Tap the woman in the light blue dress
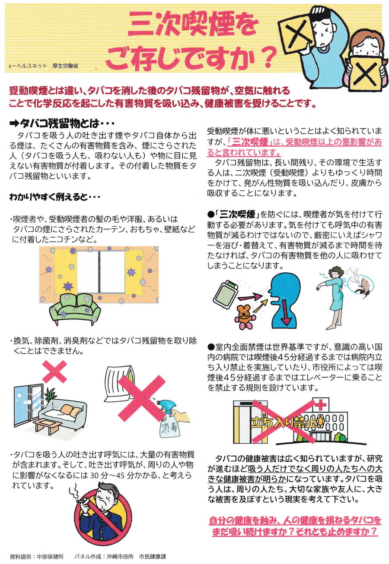332,298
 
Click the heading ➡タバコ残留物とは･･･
62,123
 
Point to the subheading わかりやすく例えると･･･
54,197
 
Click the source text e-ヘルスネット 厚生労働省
43,66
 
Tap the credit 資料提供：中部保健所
37,556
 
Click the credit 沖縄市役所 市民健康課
136,556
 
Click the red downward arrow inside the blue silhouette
286,313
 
